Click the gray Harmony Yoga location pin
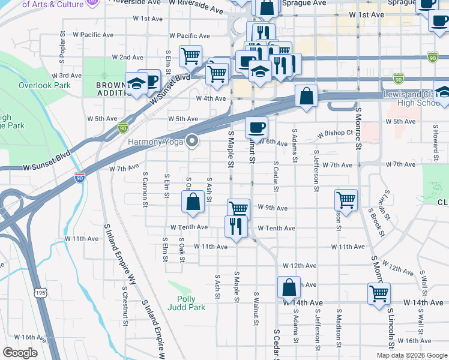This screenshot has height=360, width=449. (x=192, y=142)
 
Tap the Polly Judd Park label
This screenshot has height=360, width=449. (x=191, y=303)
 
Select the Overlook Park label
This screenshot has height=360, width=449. (x=44, y=85)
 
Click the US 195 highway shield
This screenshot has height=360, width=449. (x=40, y=292)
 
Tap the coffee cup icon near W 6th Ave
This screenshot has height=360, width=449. (x=256, y=127)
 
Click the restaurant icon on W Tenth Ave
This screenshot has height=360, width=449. (x=235, y=226)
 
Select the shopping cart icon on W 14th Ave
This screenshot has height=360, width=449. (x=379, y=293)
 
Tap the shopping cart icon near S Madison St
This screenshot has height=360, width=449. (x=346, y=200)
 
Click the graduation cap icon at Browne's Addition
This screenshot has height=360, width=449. (x=136, y=83)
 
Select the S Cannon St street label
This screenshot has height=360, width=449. (x=145, y=190)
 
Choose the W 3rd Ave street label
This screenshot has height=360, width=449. (x=67, y=76)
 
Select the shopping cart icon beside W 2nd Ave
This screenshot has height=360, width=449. (x=190, y=56)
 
